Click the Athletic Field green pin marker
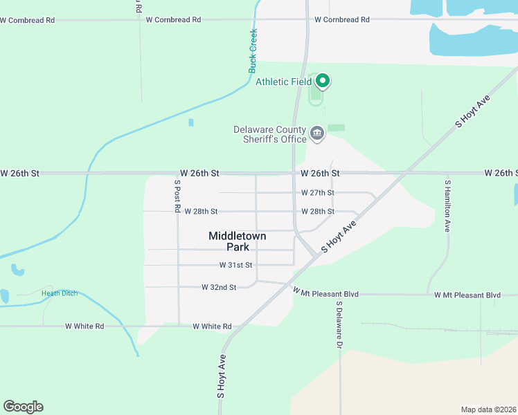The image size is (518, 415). [322, 82]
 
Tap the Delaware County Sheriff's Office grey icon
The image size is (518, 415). [317, 133]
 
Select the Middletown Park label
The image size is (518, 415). [237, 241]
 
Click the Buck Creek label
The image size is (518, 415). [253, 50]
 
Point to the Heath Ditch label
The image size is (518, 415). [59, 293]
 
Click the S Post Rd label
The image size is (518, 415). [177, 196]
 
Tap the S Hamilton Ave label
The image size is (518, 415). [447, 205]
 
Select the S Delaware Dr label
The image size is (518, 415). [339, 324]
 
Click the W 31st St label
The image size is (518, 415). [236, 265]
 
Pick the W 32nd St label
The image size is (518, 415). [219, 287]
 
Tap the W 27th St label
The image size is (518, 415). [318, 193]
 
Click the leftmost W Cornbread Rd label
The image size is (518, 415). [28, 20]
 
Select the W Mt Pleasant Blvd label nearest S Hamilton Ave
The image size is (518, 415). [467, 295]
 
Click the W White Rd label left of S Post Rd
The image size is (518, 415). [84, 326]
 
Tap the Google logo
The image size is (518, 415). [23, 407]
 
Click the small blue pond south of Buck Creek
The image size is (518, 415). [190, 122]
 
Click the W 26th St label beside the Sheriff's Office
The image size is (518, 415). [320, 173]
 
